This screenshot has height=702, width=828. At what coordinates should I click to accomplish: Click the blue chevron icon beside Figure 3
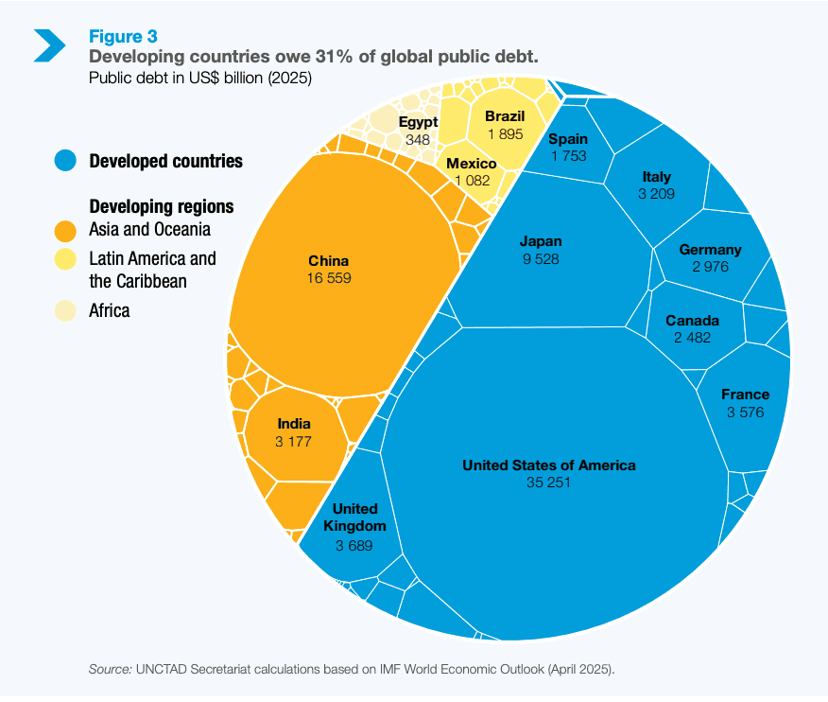[x=49, y=44]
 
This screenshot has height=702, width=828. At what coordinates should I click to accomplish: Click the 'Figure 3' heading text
[x=123, y=37]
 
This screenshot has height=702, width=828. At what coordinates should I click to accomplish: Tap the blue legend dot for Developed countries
[x=65, y=161]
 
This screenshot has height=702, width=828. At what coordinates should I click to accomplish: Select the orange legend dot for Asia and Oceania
[x=65, y=230]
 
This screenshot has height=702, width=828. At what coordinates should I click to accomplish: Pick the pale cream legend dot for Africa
[x=65, y=310]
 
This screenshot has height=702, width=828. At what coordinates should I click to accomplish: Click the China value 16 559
[x=328, y=278]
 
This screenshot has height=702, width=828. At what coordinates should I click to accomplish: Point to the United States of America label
[x=548, y=465]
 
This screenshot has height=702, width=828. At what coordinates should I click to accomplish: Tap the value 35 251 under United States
[x=548, y=483]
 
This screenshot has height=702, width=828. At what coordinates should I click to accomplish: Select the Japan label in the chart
[x=540, y=240]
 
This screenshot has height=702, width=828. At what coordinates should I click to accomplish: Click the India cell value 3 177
[x=294, y=442]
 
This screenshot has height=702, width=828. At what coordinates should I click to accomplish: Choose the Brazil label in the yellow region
[x=505, y=116]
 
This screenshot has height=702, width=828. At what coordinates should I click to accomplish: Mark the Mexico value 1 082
[x=472, y=181]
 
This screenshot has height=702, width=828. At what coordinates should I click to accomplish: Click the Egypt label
[x=418, y=122]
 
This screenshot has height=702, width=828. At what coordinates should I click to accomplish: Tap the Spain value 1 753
[x=568, y=156]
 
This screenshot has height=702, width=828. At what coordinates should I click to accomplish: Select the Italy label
[x=656, y=177]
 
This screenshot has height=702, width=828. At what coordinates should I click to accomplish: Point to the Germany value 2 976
[x=710, y=267]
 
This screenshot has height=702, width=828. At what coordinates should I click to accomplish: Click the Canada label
[x=692, y=321]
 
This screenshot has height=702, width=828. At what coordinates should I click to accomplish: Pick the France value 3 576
[x=745, y=412]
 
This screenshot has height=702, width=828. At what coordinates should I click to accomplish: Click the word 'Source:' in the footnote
[x=110, y=670]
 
